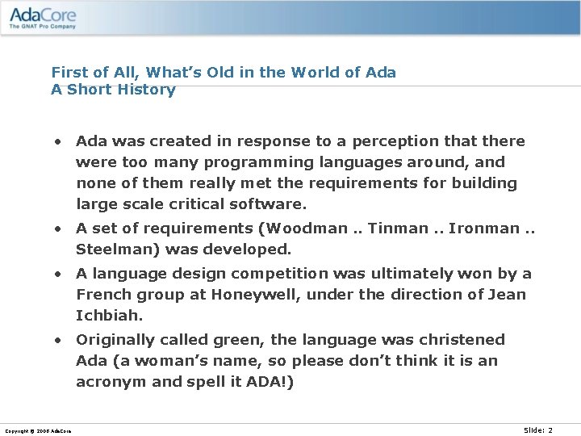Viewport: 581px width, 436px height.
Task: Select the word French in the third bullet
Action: coord(103,295)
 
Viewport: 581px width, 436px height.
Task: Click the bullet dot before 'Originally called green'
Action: coord(59,340)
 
